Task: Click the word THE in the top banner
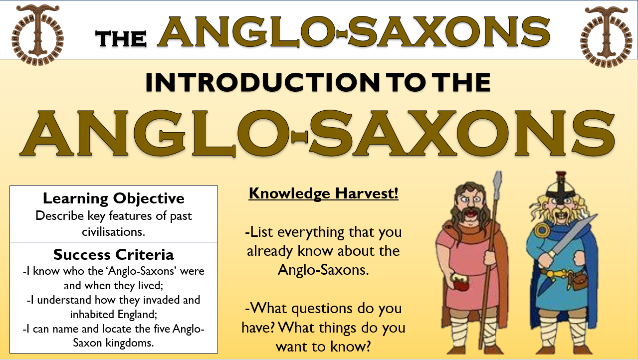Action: pyautogui.click(x=121, y=38)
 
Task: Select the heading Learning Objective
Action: pyautogui.click(x=114, y=198)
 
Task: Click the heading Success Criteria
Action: pyautogui.click(x=114, y=255)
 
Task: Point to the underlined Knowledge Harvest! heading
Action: pyautogui.click(x=323, y=193)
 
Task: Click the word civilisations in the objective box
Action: pyautogui.click(x=114, y=231)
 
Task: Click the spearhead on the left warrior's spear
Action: pyautogui.click(x=497, y=186)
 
